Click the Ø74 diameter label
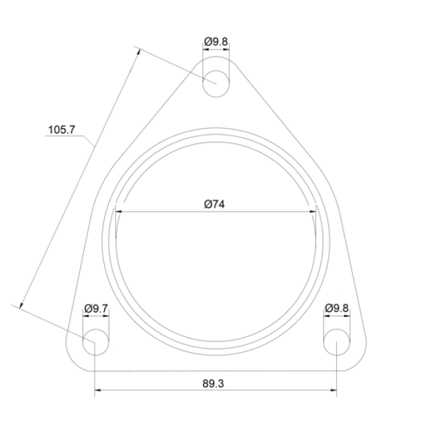tap(214, 204)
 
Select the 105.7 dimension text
tap(61, 130)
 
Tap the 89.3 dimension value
tap(213, 384)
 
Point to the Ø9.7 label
tap(96, 309)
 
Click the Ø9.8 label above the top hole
tap(216, 42)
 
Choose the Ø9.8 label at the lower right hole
tap(337, 308)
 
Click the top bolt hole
tap(216, 84)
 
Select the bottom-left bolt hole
tap(96, 342)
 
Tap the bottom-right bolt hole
tap(337, 342)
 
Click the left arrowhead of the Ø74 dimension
tap(119, 212)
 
